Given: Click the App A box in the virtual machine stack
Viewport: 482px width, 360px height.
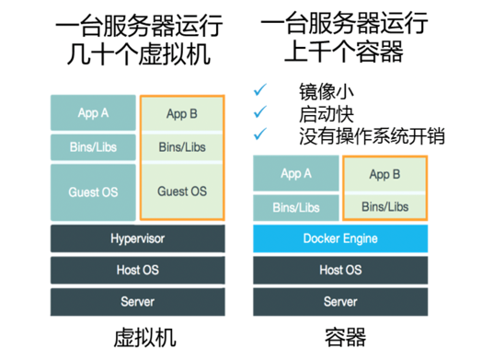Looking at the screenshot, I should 93,113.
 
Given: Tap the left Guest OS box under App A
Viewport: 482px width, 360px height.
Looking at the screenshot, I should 93,192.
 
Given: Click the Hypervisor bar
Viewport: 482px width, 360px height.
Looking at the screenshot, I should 137,239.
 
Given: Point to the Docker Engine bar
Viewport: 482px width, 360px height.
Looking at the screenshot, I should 340,239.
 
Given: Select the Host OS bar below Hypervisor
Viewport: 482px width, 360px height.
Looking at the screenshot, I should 137,270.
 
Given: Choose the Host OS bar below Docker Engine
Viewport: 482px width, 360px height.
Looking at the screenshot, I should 340,270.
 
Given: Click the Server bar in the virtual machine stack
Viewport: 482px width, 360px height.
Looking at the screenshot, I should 137,301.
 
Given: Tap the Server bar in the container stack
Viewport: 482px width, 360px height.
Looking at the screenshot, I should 340,301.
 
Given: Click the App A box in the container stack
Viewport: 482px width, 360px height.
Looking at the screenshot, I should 295,173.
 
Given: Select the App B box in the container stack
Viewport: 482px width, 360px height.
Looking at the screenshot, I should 384,173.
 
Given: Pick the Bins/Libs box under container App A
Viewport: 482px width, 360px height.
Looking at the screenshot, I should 295,207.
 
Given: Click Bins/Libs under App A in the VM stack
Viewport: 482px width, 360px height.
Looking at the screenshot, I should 93,146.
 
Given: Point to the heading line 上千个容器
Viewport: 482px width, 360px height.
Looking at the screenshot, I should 340,52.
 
